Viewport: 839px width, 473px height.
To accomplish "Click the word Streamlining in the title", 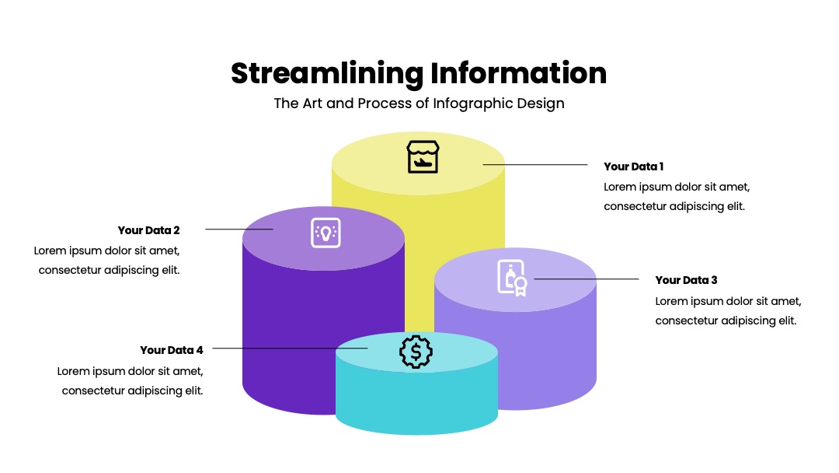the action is [327, 74].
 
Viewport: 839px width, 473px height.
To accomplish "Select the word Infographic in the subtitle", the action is [472, 103].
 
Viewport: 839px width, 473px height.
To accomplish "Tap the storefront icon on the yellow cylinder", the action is [423, 157].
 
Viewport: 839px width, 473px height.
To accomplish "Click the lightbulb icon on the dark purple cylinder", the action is [326, 233].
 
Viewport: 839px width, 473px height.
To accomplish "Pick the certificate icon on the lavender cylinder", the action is [512, 278].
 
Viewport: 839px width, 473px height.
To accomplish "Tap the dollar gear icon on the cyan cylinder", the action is [416, 352].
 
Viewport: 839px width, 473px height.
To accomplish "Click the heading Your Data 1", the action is [634, 166].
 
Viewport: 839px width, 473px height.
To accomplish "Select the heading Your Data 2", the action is [148, 230].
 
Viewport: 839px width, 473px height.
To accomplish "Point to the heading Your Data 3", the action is [686, 280].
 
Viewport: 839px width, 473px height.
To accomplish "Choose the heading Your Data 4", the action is [172, 350].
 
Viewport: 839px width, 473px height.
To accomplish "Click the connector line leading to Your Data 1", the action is [535, 164].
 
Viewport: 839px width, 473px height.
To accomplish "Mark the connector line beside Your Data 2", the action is [239, 229].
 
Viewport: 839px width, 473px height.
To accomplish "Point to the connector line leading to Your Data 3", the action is [587, 279].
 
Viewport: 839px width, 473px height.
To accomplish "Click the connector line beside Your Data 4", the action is [290, 349].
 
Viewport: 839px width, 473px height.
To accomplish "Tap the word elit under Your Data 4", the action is [194, 391].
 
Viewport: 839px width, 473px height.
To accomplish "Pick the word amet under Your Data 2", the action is [165, 251].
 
